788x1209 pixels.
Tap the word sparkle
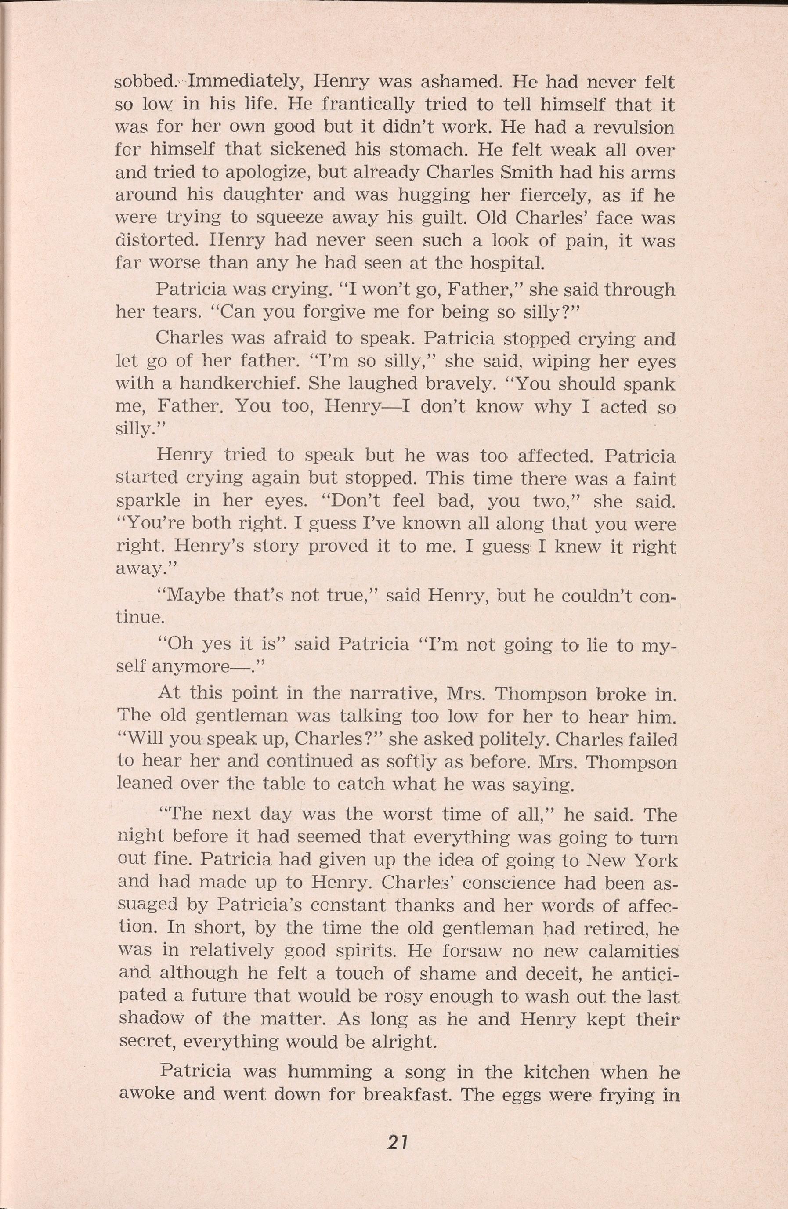pyautogui.click(x=148, y=502)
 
